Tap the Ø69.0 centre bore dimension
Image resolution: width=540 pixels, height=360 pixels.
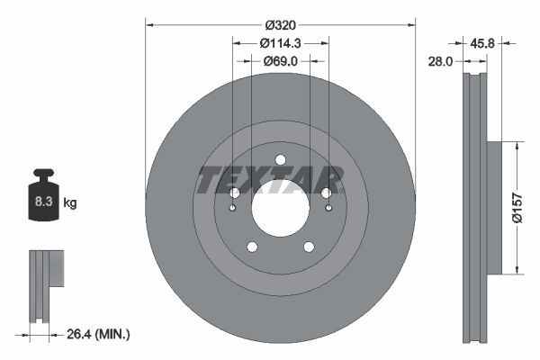click(x=280, y=60)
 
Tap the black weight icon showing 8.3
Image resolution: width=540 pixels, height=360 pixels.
click(x=42, y=199)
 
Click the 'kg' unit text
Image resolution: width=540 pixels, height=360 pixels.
click(x=70, y=203)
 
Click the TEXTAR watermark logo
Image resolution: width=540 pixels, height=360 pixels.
click(x=270, y=180)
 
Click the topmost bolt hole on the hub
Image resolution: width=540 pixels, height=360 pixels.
click(x=280, y=160)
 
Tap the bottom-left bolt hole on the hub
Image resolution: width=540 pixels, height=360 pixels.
click(x=252, y=247)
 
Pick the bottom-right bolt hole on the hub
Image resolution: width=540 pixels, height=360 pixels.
click(x=309, y=247)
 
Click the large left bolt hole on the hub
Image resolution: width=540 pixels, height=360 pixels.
click(x=234, y=193)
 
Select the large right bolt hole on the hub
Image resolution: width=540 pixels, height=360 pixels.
click(x=327, y=193)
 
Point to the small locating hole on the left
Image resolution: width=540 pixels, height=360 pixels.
click(x=232, y=210)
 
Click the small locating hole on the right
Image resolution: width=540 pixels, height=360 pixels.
click(x=328, y=210)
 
